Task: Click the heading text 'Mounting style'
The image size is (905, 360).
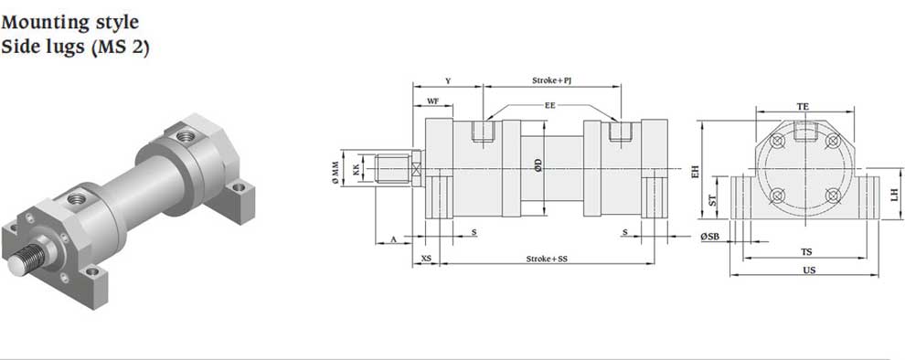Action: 69,24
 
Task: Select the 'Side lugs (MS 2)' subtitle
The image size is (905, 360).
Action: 75,48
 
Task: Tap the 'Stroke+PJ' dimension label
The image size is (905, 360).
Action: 551,81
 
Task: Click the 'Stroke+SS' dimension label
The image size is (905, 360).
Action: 547,259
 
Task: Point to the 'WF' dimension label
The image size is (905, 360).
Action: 433,101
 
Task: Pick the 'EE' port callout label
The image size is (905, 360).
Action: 550,106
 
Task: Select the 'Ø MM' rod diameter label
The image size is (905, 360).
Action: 335,173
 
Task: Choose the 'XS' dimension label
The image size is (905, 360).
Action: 427,259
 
